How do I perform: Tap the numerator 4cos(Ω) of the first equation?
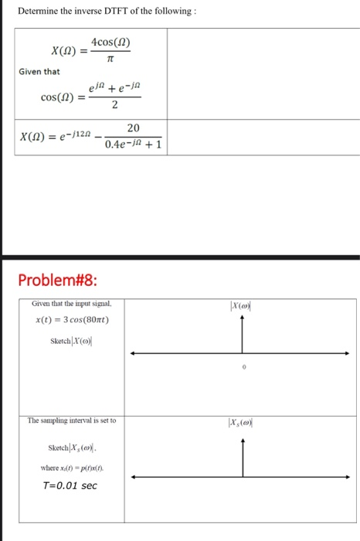click(x=110, y=42)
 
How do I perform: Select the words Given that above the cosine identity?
click(x=39, y=72)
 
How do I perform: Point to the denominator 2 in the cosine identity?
click(x=114, y=107)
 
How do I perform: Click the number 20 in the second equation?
click(x=133, y=128)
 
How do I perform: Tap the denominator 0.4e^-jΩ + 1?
click(x=133, y=144)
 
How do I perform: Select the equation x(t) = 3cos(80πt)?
click(x=74, y=319)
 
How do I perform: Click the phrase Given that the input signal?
click(x=72, y=305)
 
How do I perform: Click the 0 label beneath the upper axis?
click(x=243, y=369)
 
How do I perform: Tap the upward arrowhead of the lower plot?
click(x=243, y=442)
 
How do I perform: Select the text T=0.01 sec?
click(x=69, y=485)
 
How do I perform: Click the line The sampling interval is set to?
click(x=71, y=420)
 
